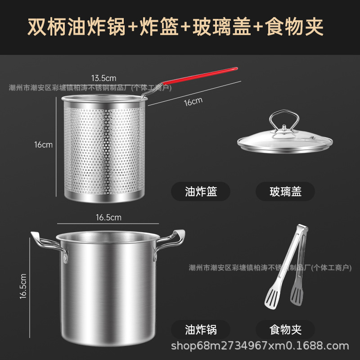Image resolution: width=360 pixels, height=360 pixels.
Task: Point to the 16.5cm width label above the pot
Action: pos(108,217)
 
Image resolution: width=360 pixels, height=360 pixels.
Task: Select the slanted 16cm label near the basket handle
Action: pos(193,101)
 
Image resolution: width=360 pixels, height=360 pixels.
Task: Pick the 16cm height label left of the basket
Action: pos(44,144)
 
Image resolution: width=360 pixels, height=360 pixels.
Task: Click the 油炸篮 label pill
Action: pos(201,192)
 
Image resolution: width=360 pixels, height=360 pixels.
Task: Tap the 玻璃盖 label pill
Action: pos(285,192)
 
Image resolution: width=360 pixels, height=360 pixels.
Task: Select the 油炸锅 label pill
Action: pos(201,329)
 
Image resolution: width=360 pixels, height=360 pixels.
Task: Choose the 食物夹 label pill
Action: pos(285,329)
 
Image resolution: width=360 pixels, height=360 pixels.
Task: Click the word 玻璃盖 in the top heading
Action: pos(221,27)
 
